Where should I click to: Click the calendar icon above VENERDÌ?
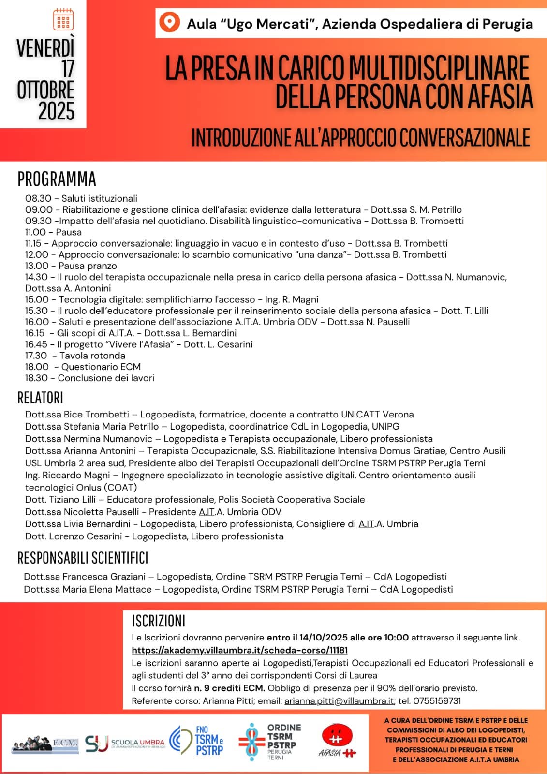[63, 19]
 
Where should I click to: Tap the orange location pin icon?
[169, 23]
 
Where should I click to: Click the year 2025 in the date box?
[56, 111]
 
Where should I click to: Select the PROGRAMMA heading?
[57, 179]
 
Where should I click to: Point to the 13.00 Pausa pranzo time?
[37, 266]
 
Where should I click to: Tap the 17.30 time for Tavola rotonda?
[36, 356]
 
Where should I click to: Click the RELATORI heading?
[40, 398]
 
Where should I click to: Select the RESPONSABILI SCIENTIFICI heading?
[83, 558]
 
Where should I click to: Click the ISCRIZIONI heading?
[158, 621]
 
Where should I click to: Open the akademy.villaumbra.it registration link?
[239, 650]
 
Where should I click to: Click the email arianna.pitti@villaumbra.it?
[339, 700]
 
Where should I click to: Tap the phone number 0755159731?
[434, 700]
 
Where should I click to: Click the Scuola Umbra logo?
[125, 743]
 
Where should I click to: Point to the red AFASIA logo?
[337, 740]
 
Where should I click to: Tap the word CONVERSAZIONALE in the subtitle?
[465, 137]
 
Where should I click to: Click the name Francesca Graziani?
[104, 577]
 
